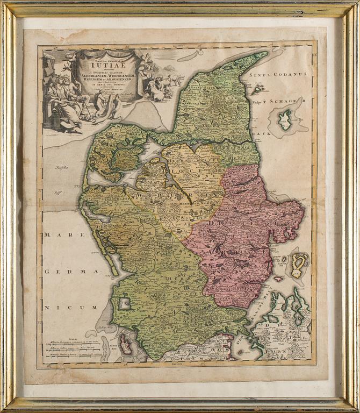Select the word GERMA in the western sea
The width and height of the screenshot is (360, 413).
tap(62, 272)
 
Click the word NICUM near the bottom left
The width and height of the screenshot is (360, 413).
tap(60, 308)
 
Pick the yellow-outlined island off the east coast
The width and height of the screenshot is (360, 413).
tap(298, 264)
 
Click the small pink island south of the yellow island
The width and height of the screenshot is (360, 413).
tap(278, 279)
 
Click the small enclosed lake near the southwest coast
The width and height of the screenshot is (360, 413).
tap(125, 304)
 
